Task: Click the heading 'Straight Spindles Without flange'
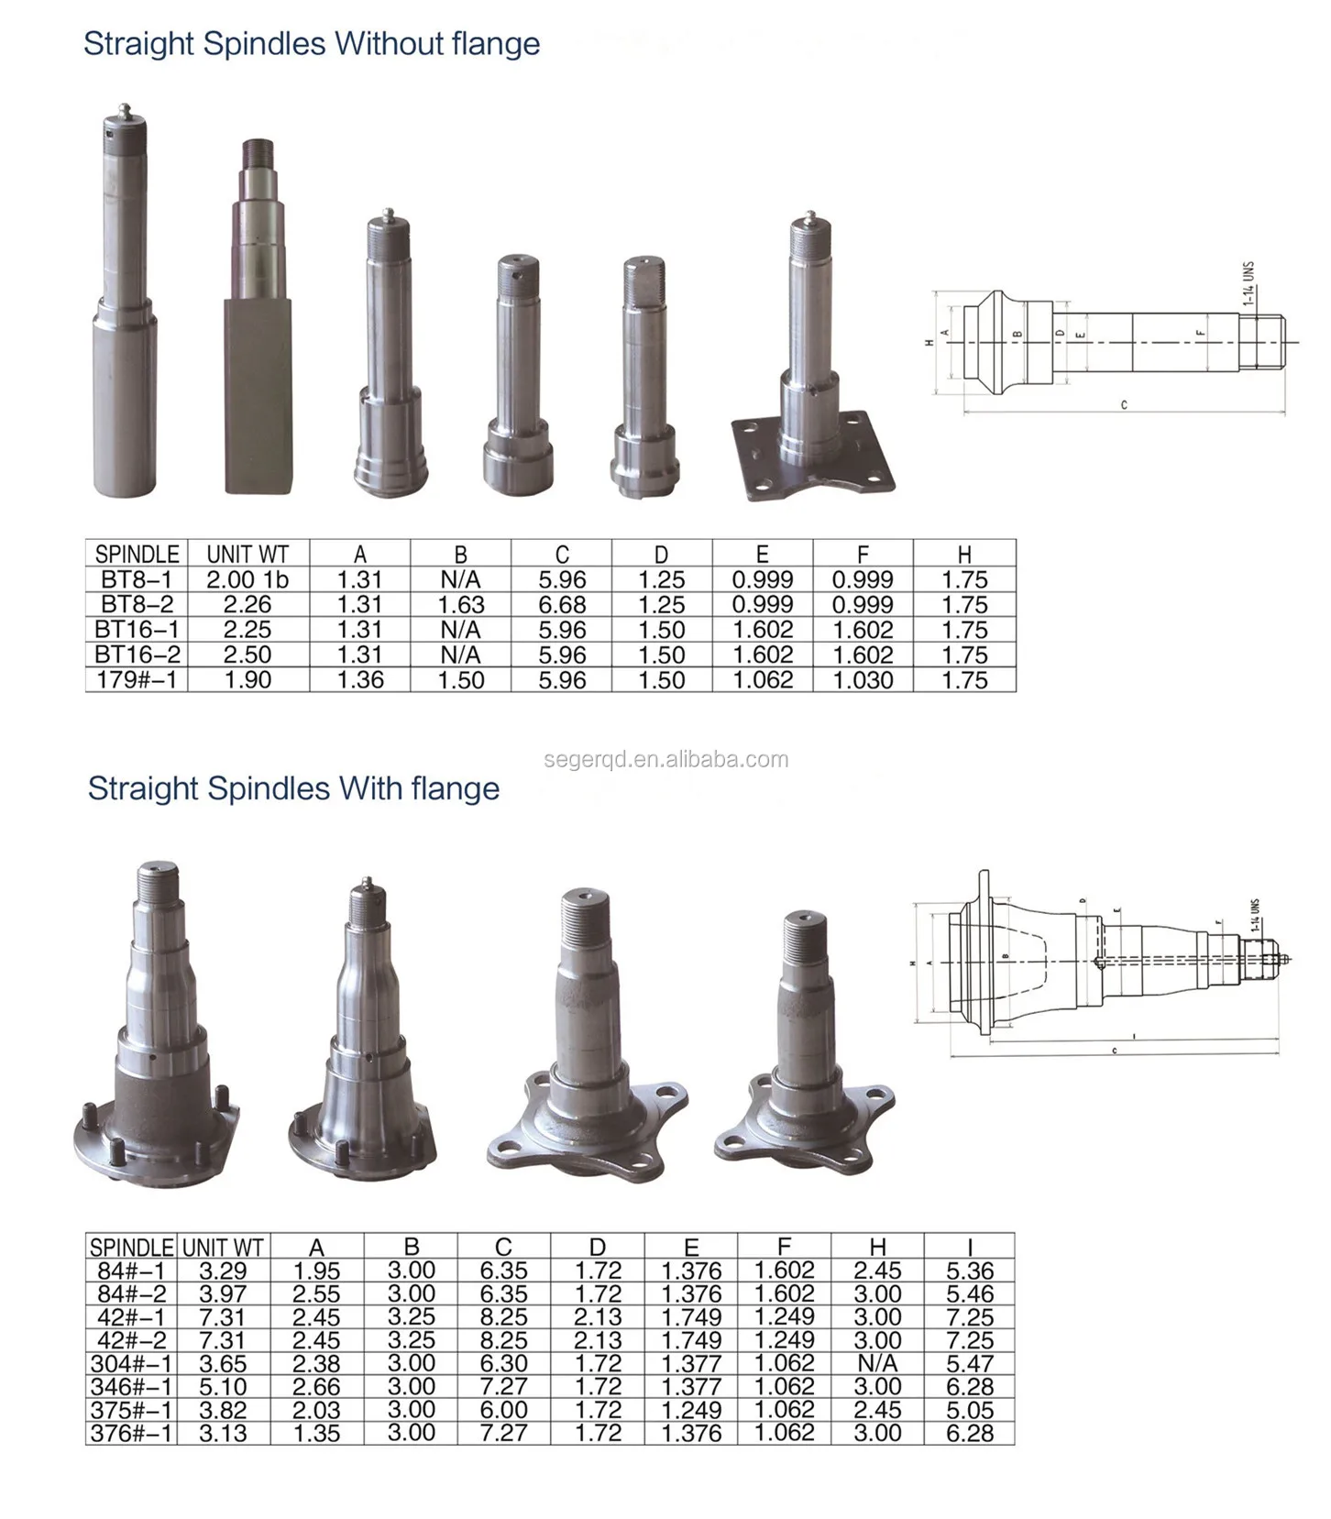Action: (312, 44)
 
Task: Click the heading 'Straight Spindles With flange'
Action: (293, 788)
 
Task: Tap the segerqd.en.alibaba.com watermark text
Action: (665, 759)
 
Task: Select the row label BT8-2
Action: (137, 605)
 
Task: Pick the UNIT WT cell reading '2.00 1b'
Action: (247, 580)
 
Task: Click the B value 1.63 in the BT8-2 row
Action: (460, 605)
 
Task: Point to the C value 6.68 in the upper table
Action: (562, 605)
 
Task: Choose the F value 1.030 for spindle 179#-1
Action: (863, 680)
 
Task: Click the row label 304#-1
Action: (131, 1364)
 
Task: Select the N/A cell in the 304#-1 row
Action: (877, 1364)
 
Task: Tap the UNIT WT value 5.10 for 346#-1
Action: (223, 1387)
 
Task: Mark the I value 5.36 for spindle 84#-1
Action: (970, 1271)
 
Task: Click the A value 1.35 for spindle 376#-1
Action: (316, 1434)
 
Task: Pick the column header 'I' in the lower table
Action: (970, 1248)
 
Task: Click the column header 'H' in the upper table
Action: (964, 555)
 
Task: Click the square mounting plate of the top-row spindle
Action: (813, 458)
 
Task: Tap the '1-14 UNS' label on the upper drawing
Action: (1248, 283)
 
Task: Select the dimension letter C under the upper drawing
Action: (1124, 404)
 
